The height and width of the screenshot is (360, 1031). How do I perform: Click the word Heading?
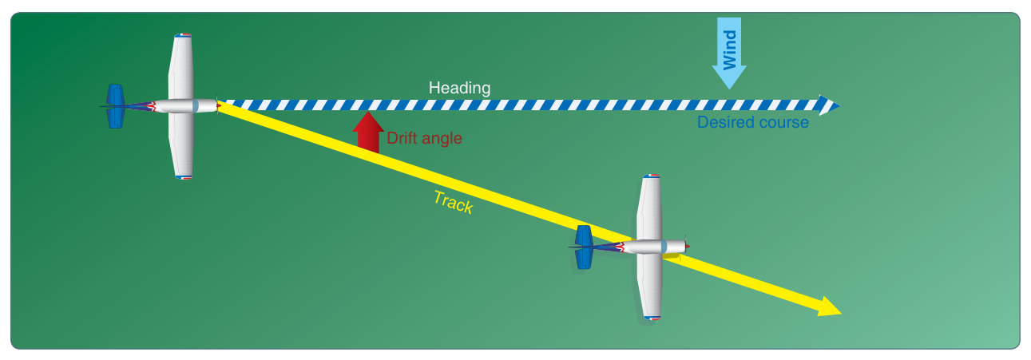click(x=459, y=88)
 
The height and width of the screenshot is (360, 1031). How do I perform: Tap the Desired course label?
click(x=752, y=122)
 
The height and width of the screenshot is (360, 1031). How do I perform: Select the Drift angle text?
click(x=424, y=138)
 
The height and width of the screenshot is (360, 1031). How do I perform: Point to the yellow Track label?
click(x=454, y=203)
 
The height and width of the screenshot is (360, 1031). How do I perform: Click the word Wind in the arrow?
click(x=729, y=50)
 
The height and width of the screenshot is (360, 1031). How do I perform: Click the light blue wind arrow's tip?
click(x=729, y=89)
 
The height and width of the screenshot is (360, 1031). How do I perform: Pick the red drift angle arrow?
click(x=368, y=132)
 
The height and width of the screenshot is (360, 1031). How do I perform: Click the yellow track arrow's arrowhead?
click(x=830, y=307)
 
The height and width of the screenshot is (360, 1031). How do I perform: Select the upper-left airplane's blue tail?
click(x=116, y=106)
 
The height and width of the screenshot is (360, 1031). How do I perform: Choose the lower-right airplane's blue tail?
click(x=584, y=247)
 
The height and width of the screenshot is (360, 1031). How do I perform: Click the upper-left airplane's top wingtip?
click(x=183, y=35)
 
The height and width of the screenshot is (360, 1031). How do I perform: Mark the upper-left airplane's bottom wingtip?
click(x=183, y=177)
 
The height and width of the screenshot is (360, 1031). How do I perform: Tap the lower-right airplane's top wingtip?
click(x=652, y=176)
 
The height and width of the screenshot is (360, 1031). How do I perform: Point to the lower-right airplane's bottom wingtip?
click(x=652, y=318)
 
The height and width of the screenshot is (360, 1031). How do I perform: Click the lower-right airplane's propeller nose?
click(x=686, y=247)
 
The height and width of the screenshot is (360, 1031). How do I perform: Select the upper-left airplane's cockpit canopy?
click(x=196, y=105)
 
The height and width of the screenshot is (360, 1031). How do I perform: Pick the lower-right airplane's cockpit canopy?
click(x=664, y=247)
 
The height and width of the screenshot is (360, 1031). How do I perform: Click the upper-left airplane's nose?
click(x=216, y=105)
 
